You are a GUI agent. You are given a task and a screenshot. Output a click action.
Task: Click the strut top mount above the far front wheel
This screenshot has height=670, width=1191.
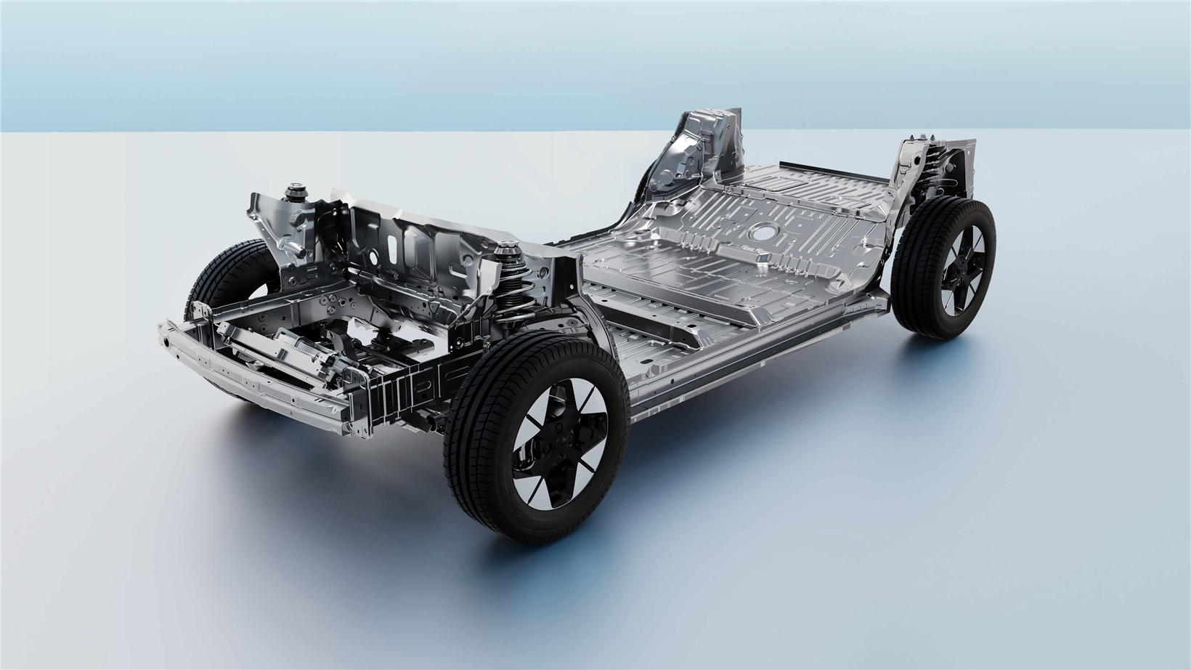tap(296, 192)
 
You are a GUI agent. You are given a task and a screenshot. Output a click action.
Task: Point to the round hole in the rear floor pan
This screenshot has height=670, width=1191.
tap(763, 233)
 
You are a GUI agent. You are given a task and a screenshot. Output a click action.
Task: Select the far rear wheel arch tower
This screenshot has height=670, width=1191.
tap(697, 149)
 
